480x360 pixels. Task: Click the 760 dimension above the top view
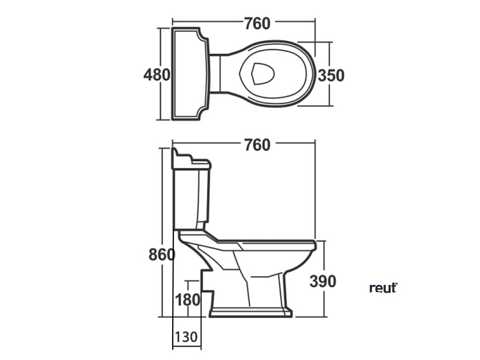click(x=257, y=23)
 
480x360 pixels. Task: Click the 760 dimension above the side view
click(x=257, y=145)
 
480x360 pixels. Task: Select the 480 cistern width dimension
click(x=157, y=75)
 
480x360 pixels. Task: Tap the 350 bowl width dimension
click(x=331, y=76)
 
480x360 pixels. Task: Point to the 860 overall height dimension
click(x=161, y=255)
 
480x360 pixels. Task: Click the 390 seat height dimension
click(x=323, y=281)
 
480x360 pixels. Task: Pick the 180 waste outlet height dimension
click(x=187, y=299)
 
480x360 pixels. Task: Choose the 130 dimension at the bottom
click(x=185, y=337)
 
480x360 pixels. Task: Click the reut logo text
click(x=383, y=288)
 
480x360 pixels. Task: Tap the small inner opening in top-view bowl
click(x=260, y=74)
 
